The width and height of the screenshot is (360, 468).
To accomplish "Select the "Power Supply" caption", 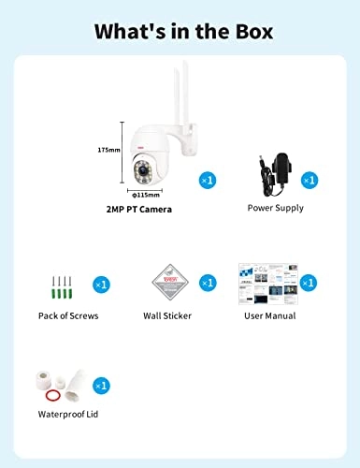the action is pos(275,208).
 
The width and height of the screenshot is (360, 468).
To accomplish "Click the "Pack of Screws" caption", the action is pos(68,315).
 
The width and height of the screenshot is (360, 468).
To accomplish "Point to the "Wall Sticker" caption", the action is pos(166,315).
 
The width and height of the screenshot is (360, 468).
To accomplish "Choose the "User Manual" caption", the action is pos(269,315).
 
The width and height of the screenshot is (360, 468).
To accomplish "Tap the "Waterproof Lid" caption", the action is pos(71,413).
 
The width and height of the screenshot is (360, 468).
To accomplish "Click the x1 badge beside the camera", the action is pos(208,179).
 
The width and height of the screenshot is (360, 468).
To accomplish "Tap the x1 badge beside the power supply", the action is pos(310,179).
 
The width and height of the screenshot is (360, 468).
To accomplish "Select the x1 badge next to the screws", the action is pos(101,283).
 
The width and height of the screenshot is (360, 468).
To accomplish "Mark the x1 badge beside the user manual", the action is pos(310,282).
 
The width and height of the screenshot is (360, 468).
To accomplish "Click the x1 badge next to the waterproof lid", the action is pos(101,385).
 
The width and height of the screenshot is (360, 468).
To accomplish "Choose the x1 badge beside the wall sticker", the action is pos(208,282).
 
